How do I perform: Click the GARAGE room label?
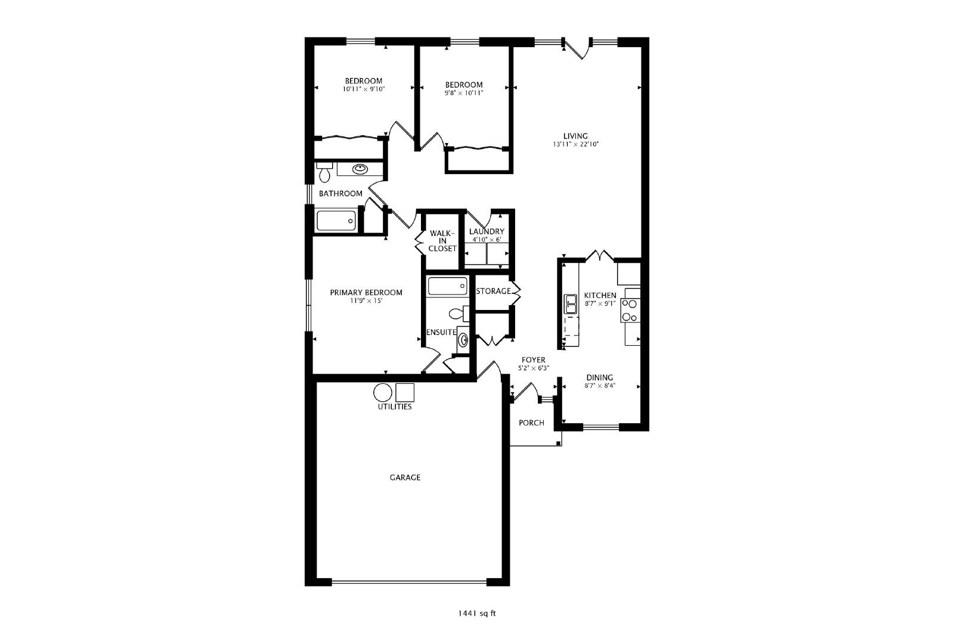click(x=405, y=477)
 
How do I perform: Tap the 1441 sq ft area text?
click(x=477, y=613)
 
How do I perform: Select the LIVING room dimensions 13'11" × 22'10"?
click(x=576, y=144)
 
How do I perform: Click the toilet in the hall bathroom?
click(x=324, y=172)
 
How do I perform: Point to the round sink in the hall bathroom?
click(x=360, y=169)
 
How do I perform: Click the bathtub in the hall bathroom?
click(x=336, y=221)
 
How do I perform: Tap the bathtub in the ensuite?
click(x=448, y=286)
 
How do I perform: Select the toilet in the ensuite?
click(x=459, y=314)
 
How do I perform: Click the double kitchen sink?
click(x=571, y=304)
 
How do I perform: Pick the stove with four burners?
click(x=630, y=311)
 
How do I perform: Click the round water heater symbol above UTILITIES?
click(x=382, y=392)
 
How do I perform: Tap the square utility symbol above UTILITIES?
click(x=405, y=392)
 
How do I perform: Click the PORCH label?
click(x=531, y=423)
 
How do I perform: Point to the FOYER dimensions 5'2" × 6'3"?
click(x=534, y=368)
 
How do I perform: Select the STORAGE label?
click(x=493, y=291)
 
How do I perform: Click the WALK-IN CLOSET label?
click(x=442, y=241)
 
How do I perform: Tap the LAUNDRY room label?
click(x=487, y=232)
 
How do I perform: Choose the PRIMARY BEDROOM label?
click(x=366, y=293)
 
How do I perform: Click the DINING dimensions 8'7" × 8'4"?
click(x=600, y=386)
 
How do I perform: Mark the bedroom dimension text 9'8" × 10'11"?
click(x=464, y=93)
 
